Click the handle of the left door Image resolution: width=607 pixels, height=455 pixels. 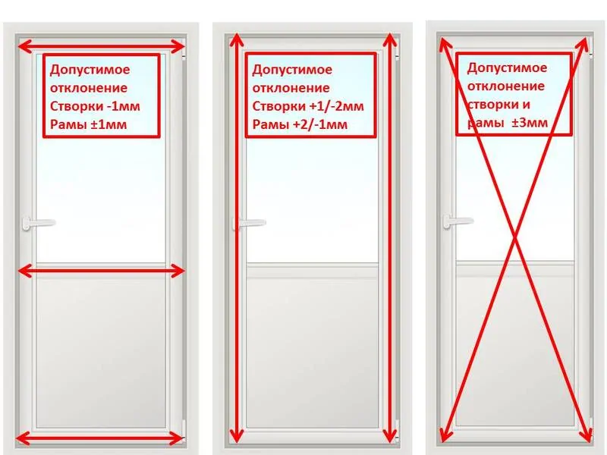(39, 223)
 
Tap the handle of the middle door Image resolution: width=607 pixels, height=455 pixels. (249, 223)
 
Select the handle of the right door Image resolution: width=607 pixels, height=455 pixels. (458, 221)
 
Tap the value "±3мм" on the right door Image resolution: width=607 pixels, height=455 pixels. (530, 123)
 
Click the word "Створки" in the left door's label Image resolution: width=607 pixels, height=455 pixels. (77, 106)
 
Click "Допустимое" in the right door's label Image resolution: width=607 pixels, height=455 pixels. (507, 68)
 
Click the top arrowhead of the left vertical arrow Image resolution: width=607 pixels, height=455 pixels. (237, 41)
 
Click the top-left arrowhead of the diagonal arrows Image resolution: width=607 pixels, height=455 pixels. (445, 43)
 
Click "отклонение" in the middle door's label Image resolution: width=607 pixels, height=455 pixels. (291, 88)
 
